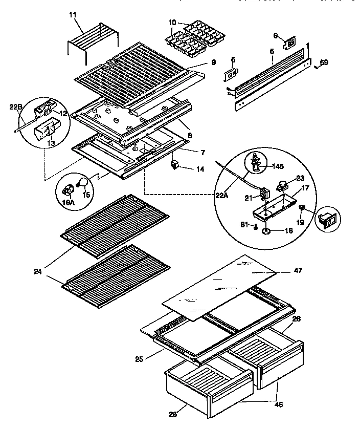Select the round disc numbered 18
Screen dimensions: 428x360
pyautogui.click(x=267, y=232)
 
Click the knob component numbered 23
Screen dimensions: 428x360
pyautogui.click(x=281, y=182)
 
